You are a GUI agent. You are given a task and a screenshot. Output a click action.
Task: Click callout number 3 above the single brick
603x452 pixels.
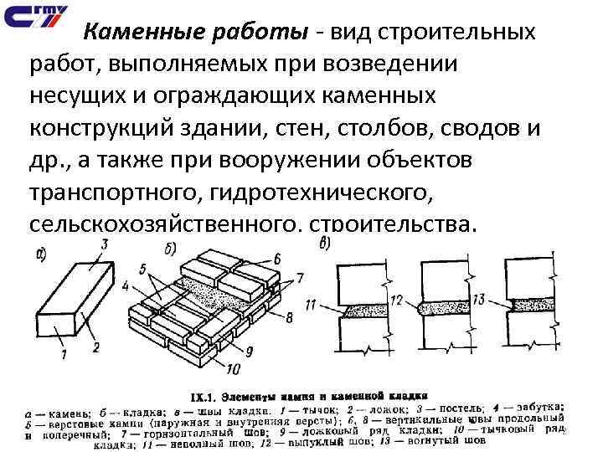(x=105, y=244)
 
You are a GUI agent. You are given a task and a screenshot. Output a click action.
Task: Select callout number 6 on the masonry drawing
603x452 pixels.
(x=276, y=259)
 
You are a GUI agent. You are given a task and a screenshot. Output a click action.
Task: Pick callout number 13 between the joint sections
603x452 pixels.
(x=479, y=300)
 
